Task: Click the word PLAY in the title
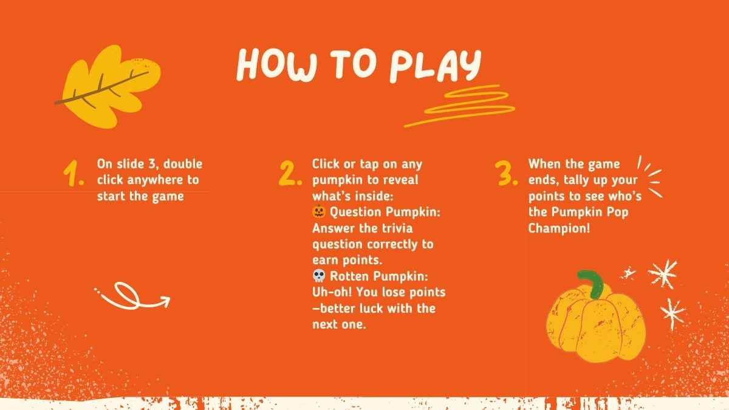tap(436, 66)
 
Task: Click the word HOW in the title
tap(276, 64)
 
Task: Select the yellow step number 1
tap(74, 174)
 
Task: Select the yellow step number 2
tap(290, 173)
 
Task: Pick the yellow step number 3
tap(506, 174)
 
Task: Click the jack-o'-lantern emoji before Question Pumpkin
tap(318, 211)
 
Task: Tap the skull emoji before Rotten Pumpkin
tap(319, 276)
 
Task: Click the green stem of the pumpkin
tap(592, 284)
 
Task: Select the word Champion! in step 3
tap(559, 228)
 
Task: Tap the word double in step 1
tap(183, 163)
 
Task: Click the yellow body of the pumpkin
tap(595, 329)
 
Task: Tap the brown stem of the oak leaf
tap(101, 88)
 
